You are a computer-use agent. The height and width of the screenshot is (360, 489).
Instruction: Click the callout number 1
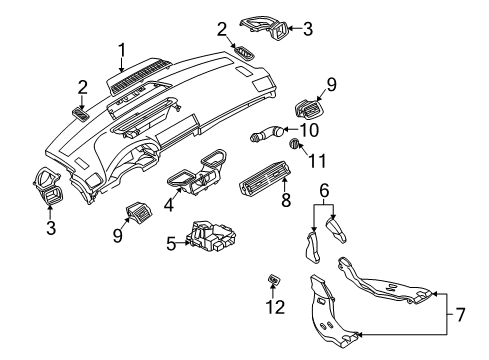click(122, 50)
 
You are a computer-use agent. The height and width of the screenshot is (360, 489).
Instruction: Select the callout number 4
click(169, 204)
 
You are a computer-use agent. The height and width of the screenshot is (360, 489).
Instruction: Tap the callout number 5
click(171, 243)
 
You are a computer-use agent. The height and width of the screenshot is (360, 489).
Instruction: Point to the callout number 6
click(324, 190)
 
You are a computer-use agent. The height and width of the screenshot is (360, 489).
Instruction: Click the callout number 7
click(460, 315)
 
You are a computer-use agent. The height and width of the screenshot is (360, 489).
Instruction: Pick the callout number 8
click(286, 200)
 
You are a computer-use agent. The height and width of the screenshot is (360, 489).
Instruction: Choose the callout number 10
click(309, 130)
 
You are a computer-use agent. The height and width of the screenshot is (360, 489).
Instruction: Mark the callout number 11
click(317, 161)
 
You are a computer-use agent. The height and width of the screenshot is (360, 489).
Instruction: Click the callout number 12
click(275, 307)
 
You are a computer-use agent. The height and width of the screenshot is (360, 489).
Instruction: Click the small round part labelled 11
click(294, 144)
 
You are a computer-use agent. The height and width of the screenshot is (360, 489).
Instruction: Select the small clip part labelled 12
click(274, 279)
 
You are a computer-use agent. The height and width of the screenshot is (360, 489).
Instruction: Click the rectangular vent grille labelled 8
click(264, 177)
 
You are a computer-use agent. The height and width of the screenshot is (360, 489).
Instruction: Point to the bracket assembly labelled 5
click(211, 237)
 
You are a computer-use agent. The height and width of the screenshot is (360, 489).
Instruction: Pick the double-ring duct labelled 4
click(198, 172)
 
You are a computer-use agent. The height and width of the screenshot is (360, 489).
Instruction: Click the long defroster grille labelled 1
click(139, 76)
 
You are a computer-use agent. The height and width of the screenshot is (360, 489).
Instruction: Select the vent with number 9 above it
click(309, 108)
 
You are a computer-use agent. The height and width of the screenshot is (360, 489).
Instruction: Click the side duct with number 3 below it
click(48, 185)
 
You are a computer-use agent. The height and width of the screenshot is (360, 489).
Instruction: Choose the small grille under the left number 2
click(80, 114)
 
